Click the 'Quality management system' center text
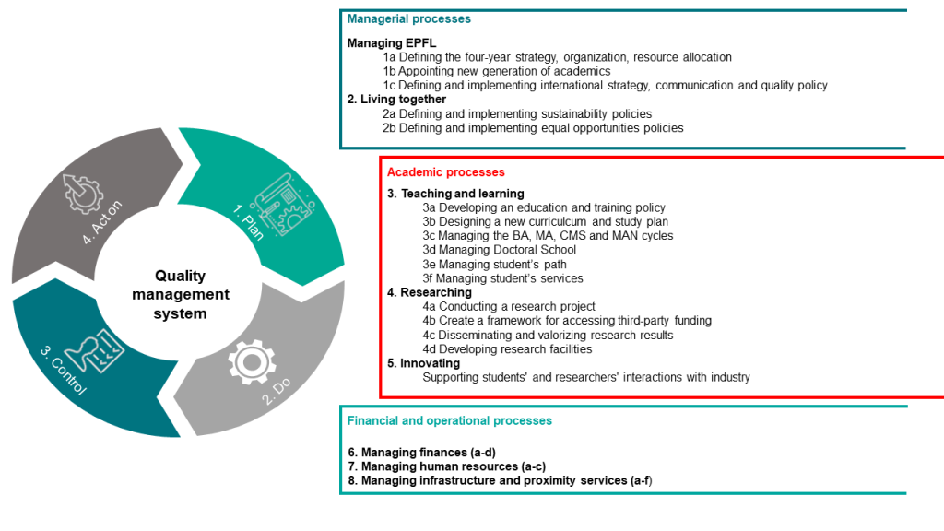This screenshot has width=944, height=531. click(x=181, y=294)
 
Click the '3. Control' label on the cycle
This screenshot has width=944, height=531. click(x=64, y=370)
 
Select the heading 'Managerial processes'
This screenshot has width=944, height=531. click(x=408, y=18)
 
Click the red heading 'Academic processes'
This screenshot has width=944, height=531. click(x=445, y=172)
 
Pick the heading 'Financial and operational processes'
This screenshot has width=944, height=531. click(x=449, y=420)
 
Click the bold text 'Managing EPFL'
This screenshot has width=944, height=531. click(x=391, y=42)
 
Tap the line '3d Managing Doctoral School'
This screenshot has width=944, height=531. click(x=499, y=249)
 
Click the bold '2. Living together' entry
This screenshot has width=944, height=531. click(x=396, y=100)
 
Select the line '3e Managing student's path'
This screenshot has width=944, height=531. click(x=495, y=264)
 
